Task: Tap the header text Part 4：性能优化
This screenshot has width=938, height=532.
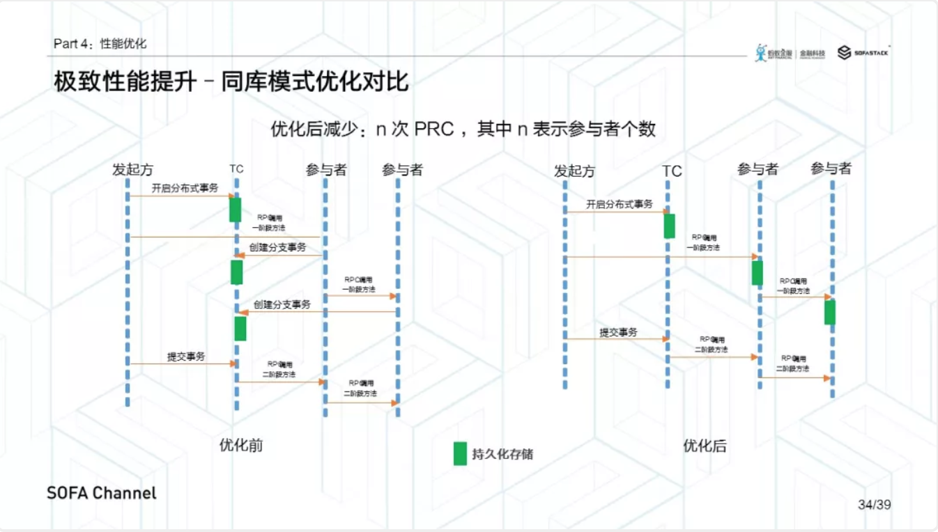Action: click(100, 44)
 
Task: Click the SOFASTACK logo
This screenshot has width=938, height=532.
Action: click(863, 53)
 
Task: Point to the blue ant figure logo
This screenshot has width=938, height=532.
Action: click(760, 52)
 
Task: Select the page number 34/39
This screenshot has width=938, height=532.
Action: click(874, 504)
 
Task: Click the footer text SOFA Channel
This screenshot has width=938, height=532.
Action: click(102, 493)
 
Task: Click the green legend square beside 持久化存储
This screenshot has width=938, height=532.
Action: click(460, 453)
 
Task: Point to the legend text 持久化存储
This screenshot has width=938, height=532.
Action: click(502, 454)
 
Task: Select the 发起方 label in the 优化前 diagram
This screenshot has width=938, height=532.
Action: click(132, 169)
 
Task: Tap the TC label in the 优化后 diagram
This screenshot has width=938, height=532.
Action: click(672, 171)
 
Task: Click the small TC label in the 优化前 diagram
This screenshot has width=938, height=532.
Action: click(236, 169)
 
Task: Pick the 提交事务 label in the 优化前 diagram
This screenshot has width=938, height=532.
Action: click(186, 356)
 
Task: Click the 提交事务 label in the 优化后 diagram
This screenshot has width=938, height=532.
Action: click(618, 332)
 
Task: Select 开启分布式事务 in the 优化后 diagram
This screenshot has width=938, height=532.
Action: click(619, 204)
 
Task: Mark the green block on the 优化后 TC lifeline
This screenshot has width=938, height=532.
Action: click(669, 226)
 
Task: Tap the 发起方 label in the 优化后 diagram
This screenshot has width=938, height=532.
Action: click(574, 171)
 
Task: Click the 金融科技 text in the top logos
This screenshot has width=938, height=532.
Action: click(812, 53)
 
